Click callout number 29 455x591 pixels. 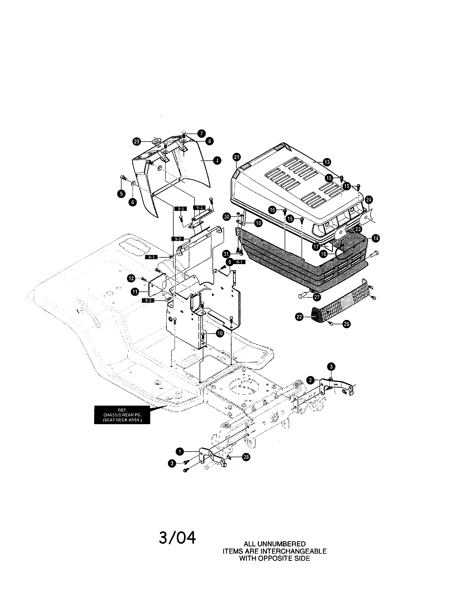pyautogui.click(x=137, y=142)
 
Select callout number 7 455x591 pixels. pyautogui.click(x=201, y=133)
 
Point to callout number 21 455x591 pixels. pyautogui.click(x=237, y=157)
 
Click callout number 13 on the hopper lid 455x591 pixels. pyautogui.click(x=327, y=162)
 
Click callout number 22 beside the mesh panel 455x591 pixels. pyautogui.click(x=299, y=317)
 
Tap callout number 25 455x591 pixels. pyautogui.click(x=347, y=324)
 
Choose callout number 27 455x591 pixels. pyautogui.click(x=317, y=297)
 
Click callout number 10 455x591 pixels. pyautogui.click(x=220, y=333)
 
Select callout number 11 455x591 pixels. pyautogui.click(x=135, y=291)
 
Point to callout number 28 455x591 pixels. pyautogui.click(x=246, y=457)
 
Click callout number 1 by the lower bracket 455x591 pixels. pyautogui.click(x=180, y=451)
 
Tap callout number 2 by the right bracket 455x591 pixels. pyautogui.click(x=311, y=380)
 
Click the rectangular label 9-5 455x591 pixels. pyautogui.click(x=181, y=209)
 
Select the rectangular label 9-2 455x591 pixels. pyautogui.click(x=178, y=239)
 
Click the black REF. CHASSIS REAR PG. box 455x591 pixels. pyautogui.click(x=122, y=415)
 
